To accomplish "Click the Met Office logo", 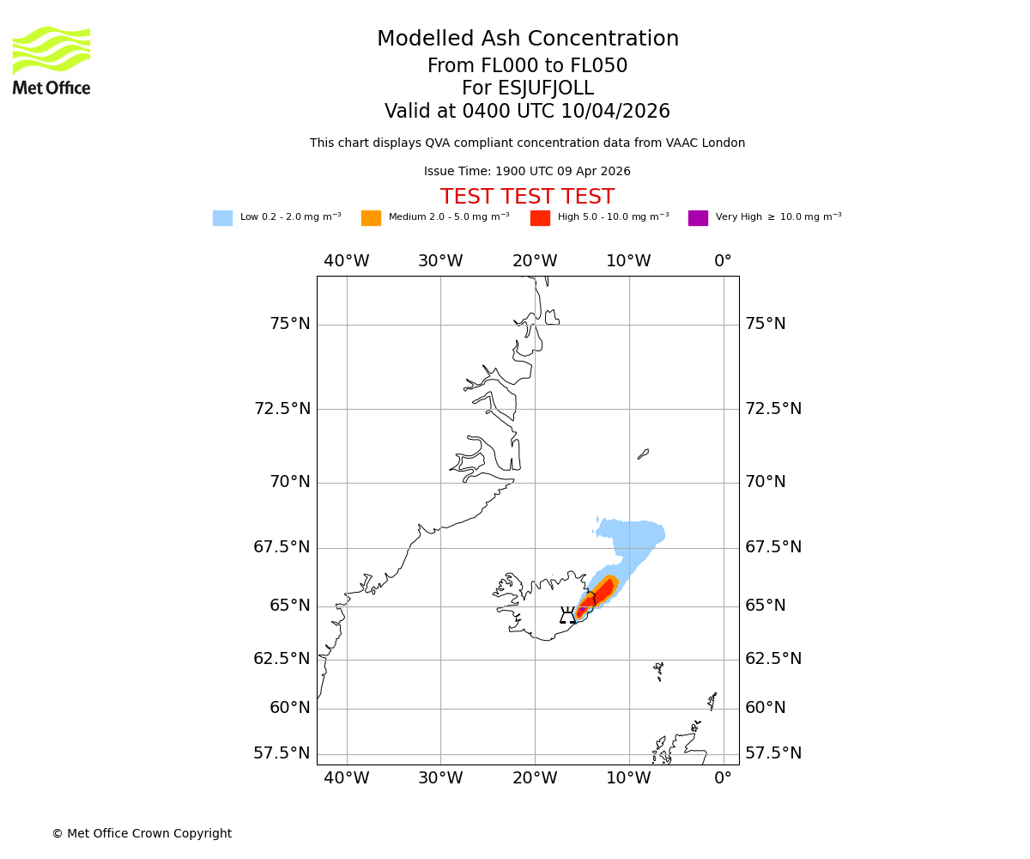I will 51,60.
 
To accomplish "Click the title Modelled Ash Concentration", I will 527,39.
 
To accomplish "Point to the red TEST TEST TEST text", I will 527,197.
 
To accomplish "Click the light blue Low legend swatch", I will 222,218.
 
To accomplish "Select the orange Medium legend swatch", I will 371,218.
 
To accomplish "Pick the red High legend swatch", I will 540,218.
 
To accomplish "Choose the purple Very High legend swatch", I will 698,218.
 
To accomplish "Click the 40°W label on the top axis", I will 347,261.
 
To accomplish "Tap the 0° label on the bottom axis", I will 724,778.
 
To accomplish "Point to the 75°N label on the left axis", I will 289,324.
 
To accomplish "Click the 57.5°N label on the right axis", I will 773,753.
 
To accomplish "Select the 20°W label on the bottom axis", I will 535,778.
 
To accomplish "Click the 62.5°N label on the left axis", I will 282,659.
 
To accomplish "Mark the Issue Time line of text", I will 527,172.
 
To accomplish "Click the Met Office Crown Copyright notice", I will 142,833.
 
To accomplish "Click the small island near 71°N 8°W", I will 643,454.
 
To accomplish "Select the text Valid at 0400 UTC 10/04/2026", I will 527,112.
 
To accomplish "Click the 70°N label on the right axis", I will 765,482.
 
